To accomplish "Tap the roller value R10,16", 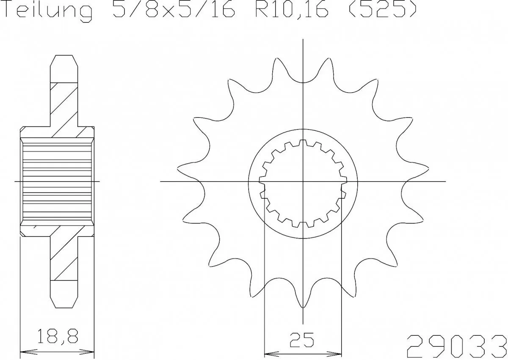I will pyautogui.click(x=292, y=11).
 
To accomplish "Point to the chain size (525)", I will pyautogui.click(x=381, y=11).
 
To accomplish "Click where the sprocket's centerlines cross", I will pyautogui.click(x=303, y=181).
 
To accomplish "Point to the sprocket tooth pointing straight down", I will pyautogui.click(x=303, y=305).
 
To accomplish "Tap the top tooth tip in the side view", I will pyautogui.click(x=64, y=56).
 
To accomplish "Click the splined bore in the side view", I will pyautogui.click(x=57, y=181).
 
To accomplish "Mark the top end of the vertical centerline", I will pyautogui.click(x=303, y=39).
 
